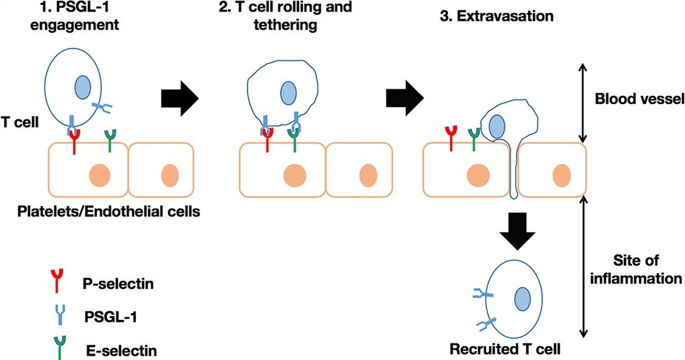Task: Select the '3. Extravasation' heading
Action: coord(496,16)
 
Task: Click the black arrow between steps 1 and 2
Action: coord(180,97)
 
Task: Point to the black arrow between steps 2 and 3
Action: coord(405,97)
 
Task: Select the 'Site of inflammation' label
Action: coord(644,269)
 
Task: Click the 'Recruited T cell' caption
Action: coord(505,350)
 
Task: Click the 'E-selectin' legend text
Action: coord(120,351)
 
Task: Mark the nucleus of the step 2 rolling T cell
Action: coord(288,93)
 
